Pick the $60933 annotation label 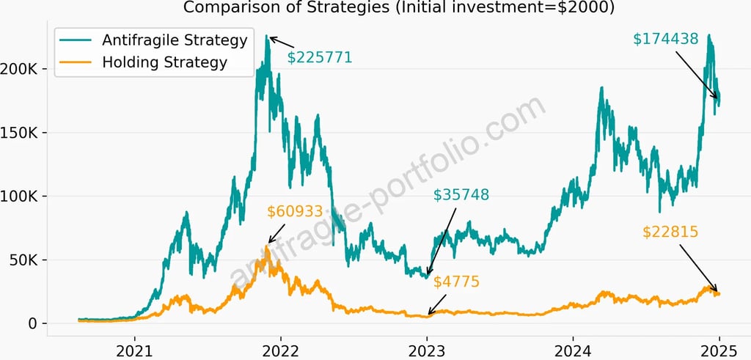pos(295,212)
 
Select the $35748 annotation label pos(461,195)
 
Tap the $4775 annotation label pos(455,282)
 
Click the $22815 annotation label pos(670,232)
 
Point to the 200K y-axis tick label pos(26,69)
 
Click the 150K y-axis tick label pos(26,133)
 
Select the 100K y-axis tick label pos(26,196)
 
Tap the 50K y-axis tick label pos(29,260)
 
